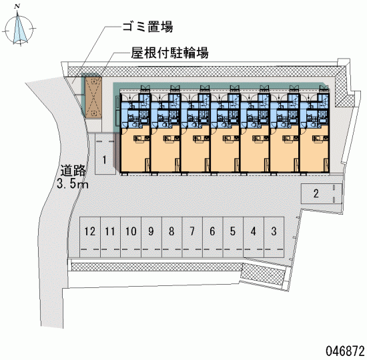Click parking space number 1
coord(105,154)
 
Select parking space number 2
coord(322,194)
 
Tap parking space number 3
coord(274,237)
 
